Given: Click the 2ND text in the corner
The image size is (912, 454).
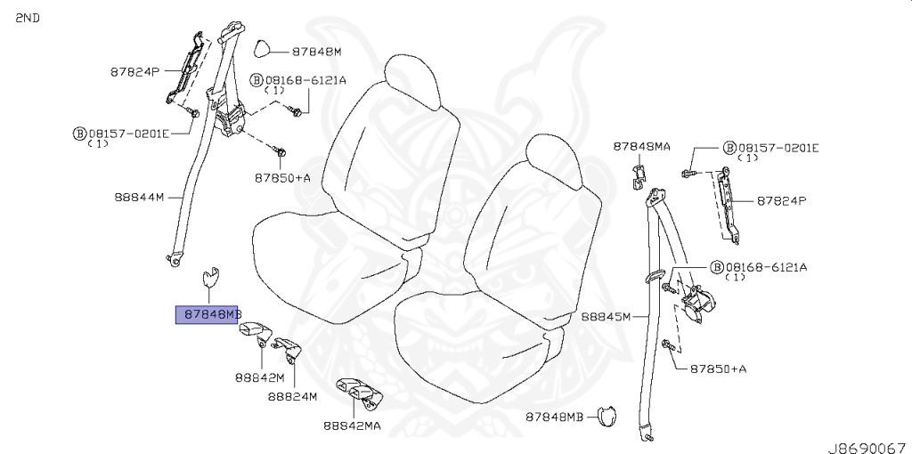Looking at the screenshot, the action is coord(28,18).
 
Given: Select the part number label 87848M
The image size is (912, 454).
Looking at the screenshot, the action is coord(316,52).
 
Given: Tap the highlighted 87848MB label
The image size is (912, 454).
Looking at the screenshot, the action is coord(207,314).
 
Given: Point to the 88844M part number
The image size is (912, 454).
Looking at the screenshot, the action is coord(139,197).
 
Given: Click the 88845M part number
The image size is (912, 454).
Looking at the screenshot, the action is coord(606,317).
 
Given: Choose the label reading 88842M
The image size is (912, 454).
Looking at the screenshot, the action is coord(260,377).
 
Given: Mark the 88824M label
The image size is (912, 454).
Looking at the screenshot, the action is coord(292,397).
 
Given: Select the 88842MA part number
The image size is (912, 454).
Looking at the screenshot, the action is coord(353,426).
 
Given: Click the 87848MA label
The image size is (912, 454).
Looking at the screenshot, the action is coord(641,147).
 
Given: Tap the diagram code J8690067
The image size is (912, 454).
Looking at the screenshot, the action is coord(869,448).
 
